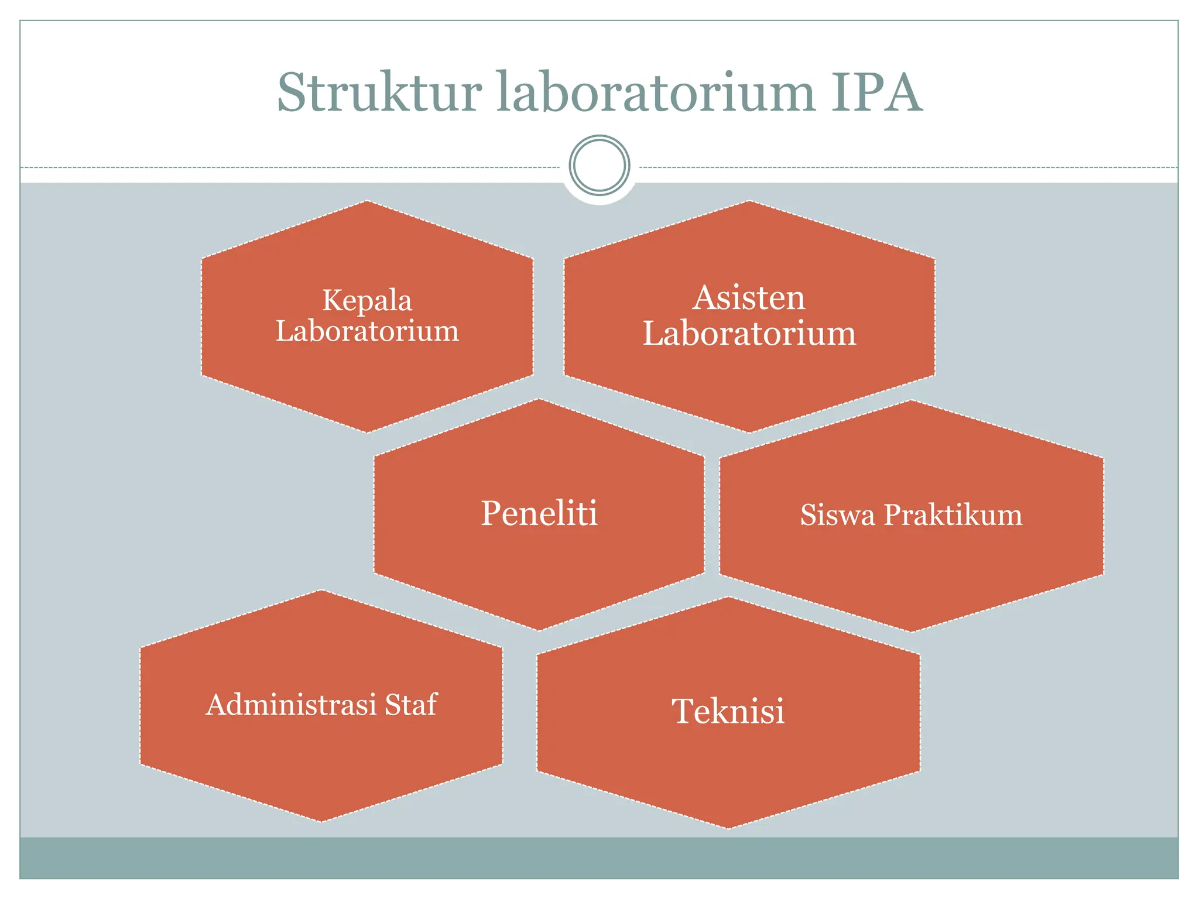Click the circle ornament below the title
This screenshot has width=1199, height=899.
[599, 165]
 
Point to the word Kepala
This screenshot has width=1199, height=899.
[367, 301]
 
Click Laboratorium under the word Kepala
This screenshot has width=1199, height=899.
[367, 331]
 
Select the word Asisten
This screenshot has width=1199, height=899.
[749, 298]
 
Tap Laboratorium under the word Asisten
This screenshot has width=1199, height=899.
[749, 334]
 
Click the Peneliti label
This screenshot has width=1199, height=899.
[539, 513]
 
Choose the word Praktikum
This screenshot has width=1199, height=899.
[953, 515]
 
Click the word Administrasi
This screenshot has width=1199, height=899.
[291, 705]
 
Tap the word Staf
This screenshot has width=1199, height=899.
[411, 705]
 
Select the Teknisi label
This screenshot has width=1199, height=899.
[728, 711]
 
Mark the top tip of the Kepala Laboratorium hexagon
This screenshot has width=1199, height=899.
[367, 201]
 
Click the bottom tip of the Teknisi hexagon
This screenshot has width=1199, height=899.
[728, 828]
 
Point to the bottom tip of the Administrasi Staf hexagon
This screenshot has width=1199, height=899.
[321, 821]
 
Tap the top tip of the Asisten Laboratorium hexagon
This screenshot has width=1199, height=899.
[749, 201]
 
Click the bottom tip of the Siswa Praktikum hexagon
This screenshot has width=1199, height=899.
[911, 632]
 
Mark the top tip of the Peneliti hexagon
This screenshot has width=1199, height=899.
[539, 400]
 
